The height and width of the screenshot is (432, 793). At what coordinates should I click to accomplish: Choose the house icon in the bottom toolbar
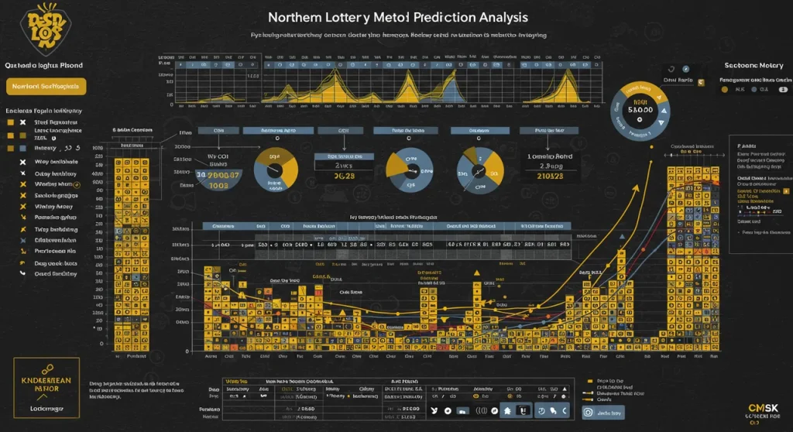[507, 410]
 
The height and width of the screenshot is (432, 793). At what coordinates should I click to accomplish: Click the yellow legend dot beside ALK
[725, 89]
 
